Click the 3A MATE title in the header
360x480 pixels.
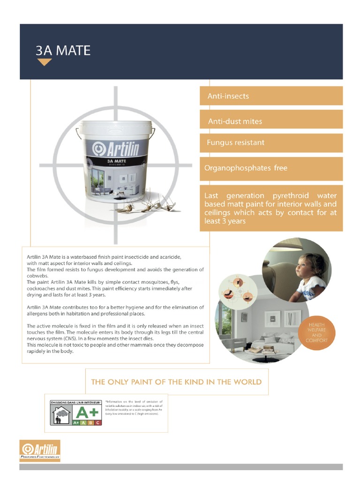pos(63,51)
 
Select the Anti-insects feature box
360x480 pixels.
pos(271,96)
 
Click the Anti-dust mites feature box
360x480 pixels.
pos(271,121)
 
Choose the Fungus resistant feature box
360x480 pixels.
pos(271,142)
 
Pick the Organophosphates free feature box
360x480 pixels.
pos(271,168)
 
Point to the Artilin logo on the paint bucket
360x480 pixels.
pos(115,149)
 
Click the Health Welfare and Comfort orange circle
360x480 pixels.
pos(316,332)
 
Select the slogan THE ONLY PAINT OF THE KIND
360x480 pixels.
pos(176,382)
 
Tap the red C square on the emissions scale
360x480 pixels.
pos(97,422)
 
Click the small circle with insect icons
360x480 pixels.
pos(240,291)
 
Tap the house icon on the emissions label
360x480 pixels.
pos(61,414)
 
